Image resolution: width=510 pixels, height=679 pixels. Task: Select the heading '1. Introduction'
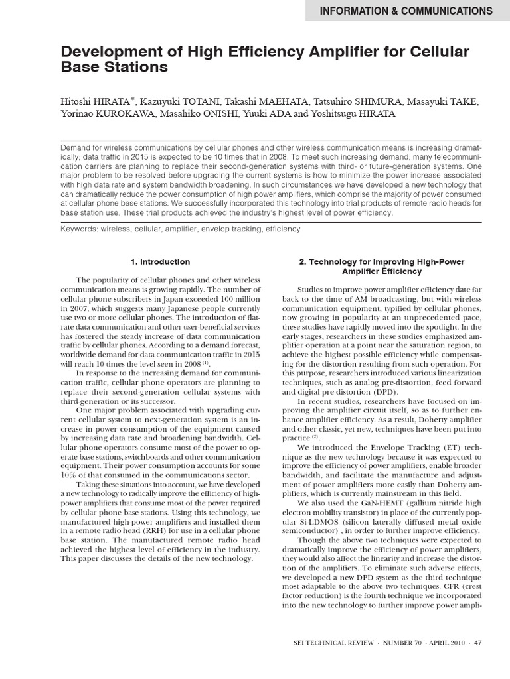click(160, 262)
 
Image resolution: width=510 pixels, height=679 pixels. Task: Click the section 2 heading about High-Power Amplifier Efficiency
click(382, 267)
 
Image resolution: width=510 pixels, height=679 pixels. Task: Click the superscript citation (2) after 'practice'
click(316, 437)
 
